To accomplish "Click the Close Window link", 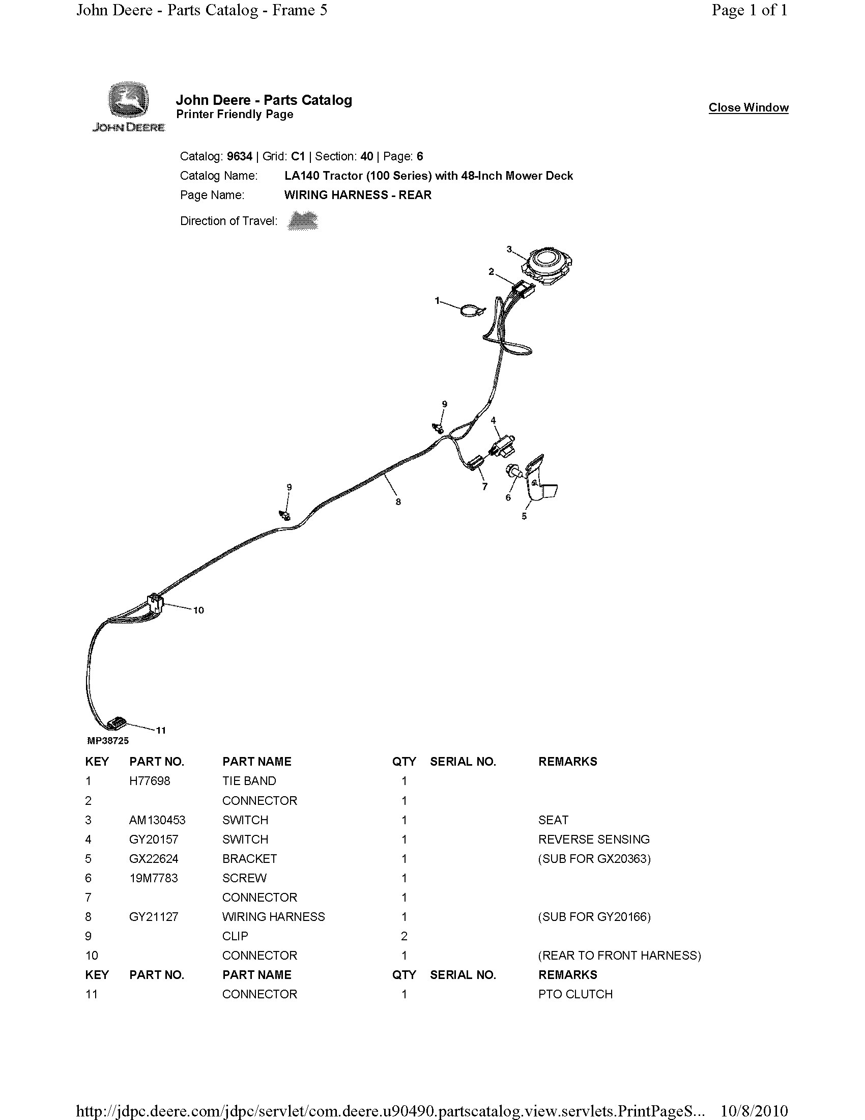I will tap(748, 108).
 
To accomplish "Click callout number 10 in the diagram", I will tap(198, 610).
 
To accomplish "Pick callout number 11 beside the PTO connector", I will tap(161, 730).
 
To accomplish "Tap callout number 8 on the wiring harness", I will tap(398, 502).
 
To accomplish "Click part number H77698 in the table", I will tap(150, 781).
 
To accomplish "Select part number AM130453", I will tap(157, 820).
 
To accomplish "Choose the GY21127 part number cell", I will tap(154, 917).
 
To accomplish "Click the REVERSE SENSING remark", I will tap(593, 839).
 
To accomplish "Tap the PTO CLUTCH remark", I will tap(575, 994).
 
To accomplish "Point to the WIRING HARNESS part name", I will tap(273, 917).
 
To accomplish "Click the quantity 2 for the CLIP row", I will tap(404, 936).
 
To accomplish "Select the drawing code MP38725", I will tap(108, 741).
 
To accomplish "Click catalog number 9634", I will tap(239, 156).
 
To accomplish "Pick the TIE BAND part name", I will tap(249, 781).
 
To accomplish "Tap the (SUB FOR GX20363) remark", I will tap(594, 859).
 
